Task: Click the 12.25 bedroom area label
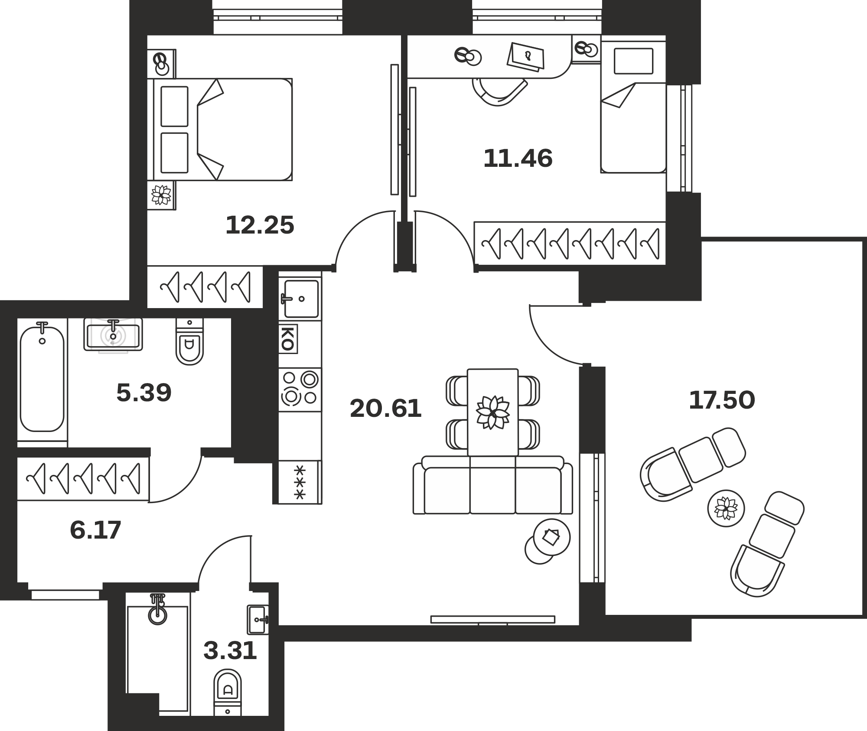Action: click(260, 225)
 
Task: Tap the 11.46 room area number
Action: click(518, 158)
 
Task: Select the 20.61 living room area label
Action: click(385, 409)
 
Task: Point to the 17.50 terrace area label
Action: click(722, 400)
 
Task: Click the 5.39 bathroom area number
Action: click(144, 393)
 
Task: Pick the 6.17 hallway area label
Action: click(95, 530)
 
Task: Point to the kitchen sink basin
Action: click(301, 299)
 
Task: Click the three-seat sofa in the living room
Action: click(492, 485)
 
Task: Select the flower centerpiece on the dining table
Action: click(492, 412)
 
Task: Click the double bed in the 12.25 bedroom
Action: click(220, 129)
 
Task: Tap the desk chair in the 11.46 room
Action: click(499, 92)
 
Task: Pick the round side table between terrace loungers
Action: click(726, 508)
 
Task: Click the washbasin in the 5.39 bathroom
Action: click(113, 335)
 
